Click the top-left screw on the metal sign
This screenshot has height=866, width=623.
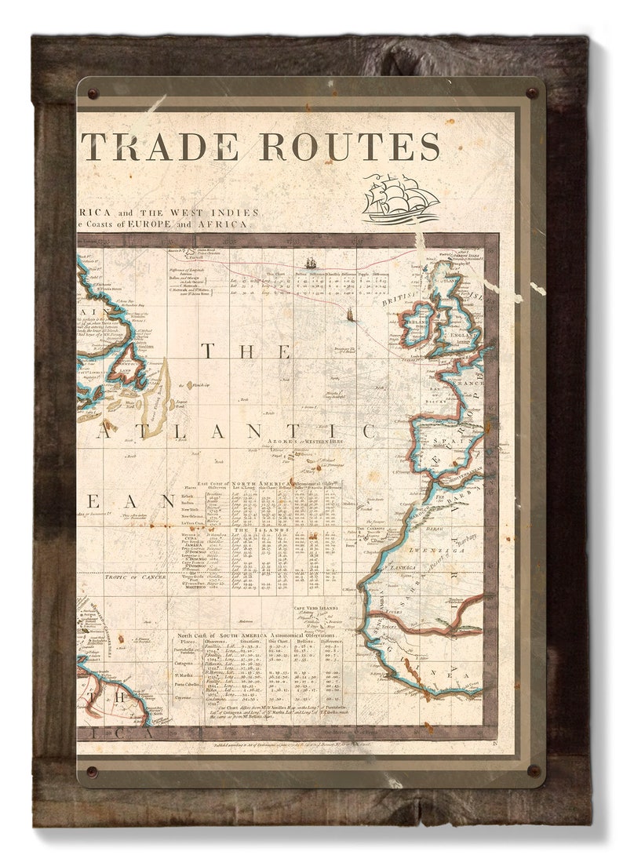pos(93,94)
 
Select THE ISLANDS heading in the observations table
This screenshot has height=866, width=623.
pos(262,529)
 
